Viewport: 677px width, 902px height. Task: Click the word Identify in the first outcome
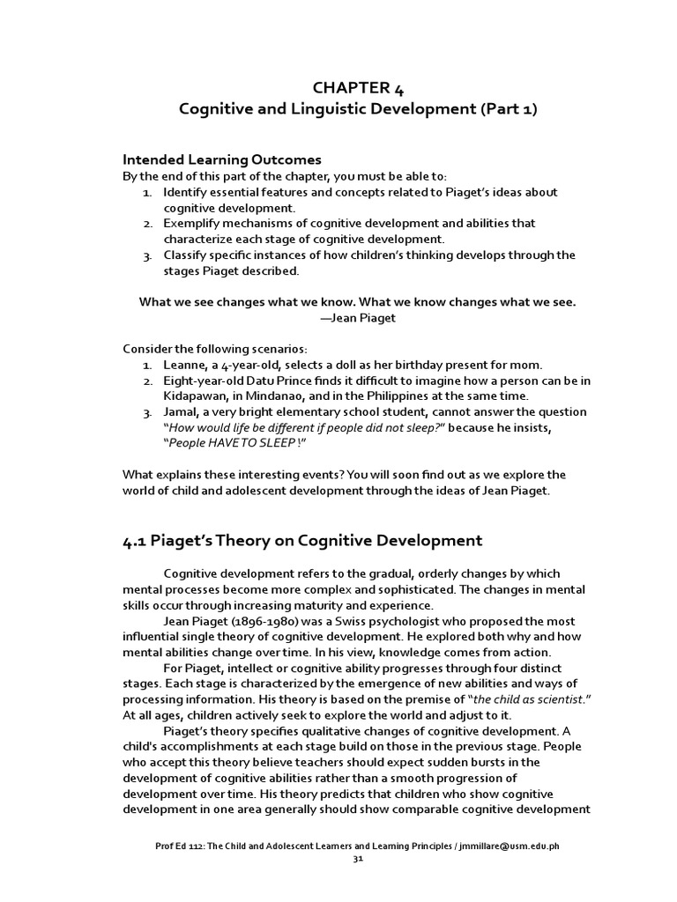coord(184,192)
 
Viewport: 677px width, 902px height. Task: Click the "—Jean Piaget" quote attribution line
coord(357,318)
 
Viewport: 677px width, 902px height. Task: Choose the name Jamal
coord(182,412)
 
